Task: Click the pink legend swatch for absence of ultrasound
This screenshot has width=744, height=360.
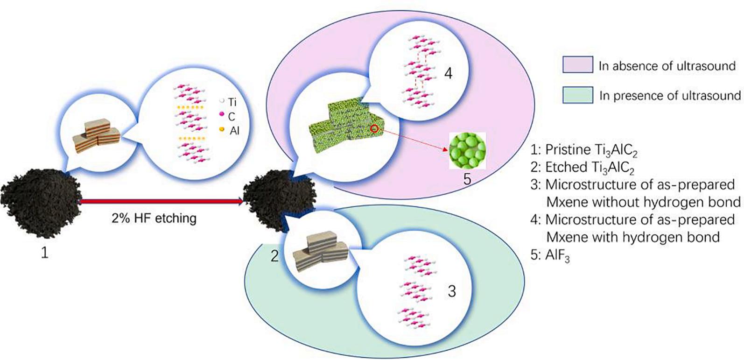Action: pos(578,65)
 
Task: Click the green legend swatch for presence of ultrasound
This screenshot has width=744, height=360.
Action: pos(578,95)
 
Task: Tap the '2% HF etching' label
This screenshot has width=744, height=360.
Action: pos(154,218)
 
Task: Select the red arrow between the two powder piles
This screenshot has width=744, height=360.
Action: pos(161,201)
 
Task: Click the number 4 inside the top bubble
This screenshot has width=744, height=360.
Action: pos(448,73)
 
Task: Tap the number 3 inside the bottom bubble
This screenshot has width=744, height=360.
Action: pos(451,291)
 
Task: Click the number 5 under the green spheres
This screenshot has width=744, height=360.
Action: pos(467,179)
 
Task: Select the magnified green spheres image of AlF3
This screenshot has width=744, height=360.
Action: pos(467,151)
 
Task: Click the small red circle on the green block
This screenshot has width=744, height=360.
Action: pos(374,128)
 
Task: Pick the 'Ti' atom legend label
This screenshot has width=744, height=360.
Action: pos(232,102)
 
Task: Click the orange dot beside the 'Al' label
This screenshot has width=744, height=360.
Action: pos(222,129)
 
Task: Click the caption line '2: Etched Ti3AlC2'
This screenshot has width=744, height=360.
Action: pos(582,168)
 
